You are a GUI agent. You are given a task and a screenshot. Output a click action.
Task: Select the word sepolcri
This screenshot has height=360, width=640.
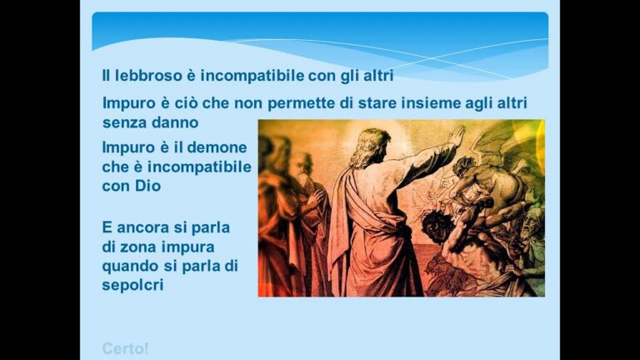tap(132, 285)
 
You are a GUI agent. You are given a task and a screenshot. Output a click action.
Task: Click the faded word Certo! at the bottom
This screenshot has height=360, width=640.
tap(125, 349)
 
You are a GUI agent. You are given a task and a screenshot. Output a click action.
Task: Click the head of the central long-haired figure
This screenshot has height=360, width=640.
tap(372, 147)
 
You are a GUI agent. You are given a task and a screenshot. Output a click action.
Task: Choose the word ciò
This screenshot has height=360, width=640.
tap(187, 102)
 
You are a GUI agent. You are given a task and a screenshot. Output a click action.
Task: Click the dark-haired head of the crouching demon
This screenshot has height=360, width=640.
tap(437, 224)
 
